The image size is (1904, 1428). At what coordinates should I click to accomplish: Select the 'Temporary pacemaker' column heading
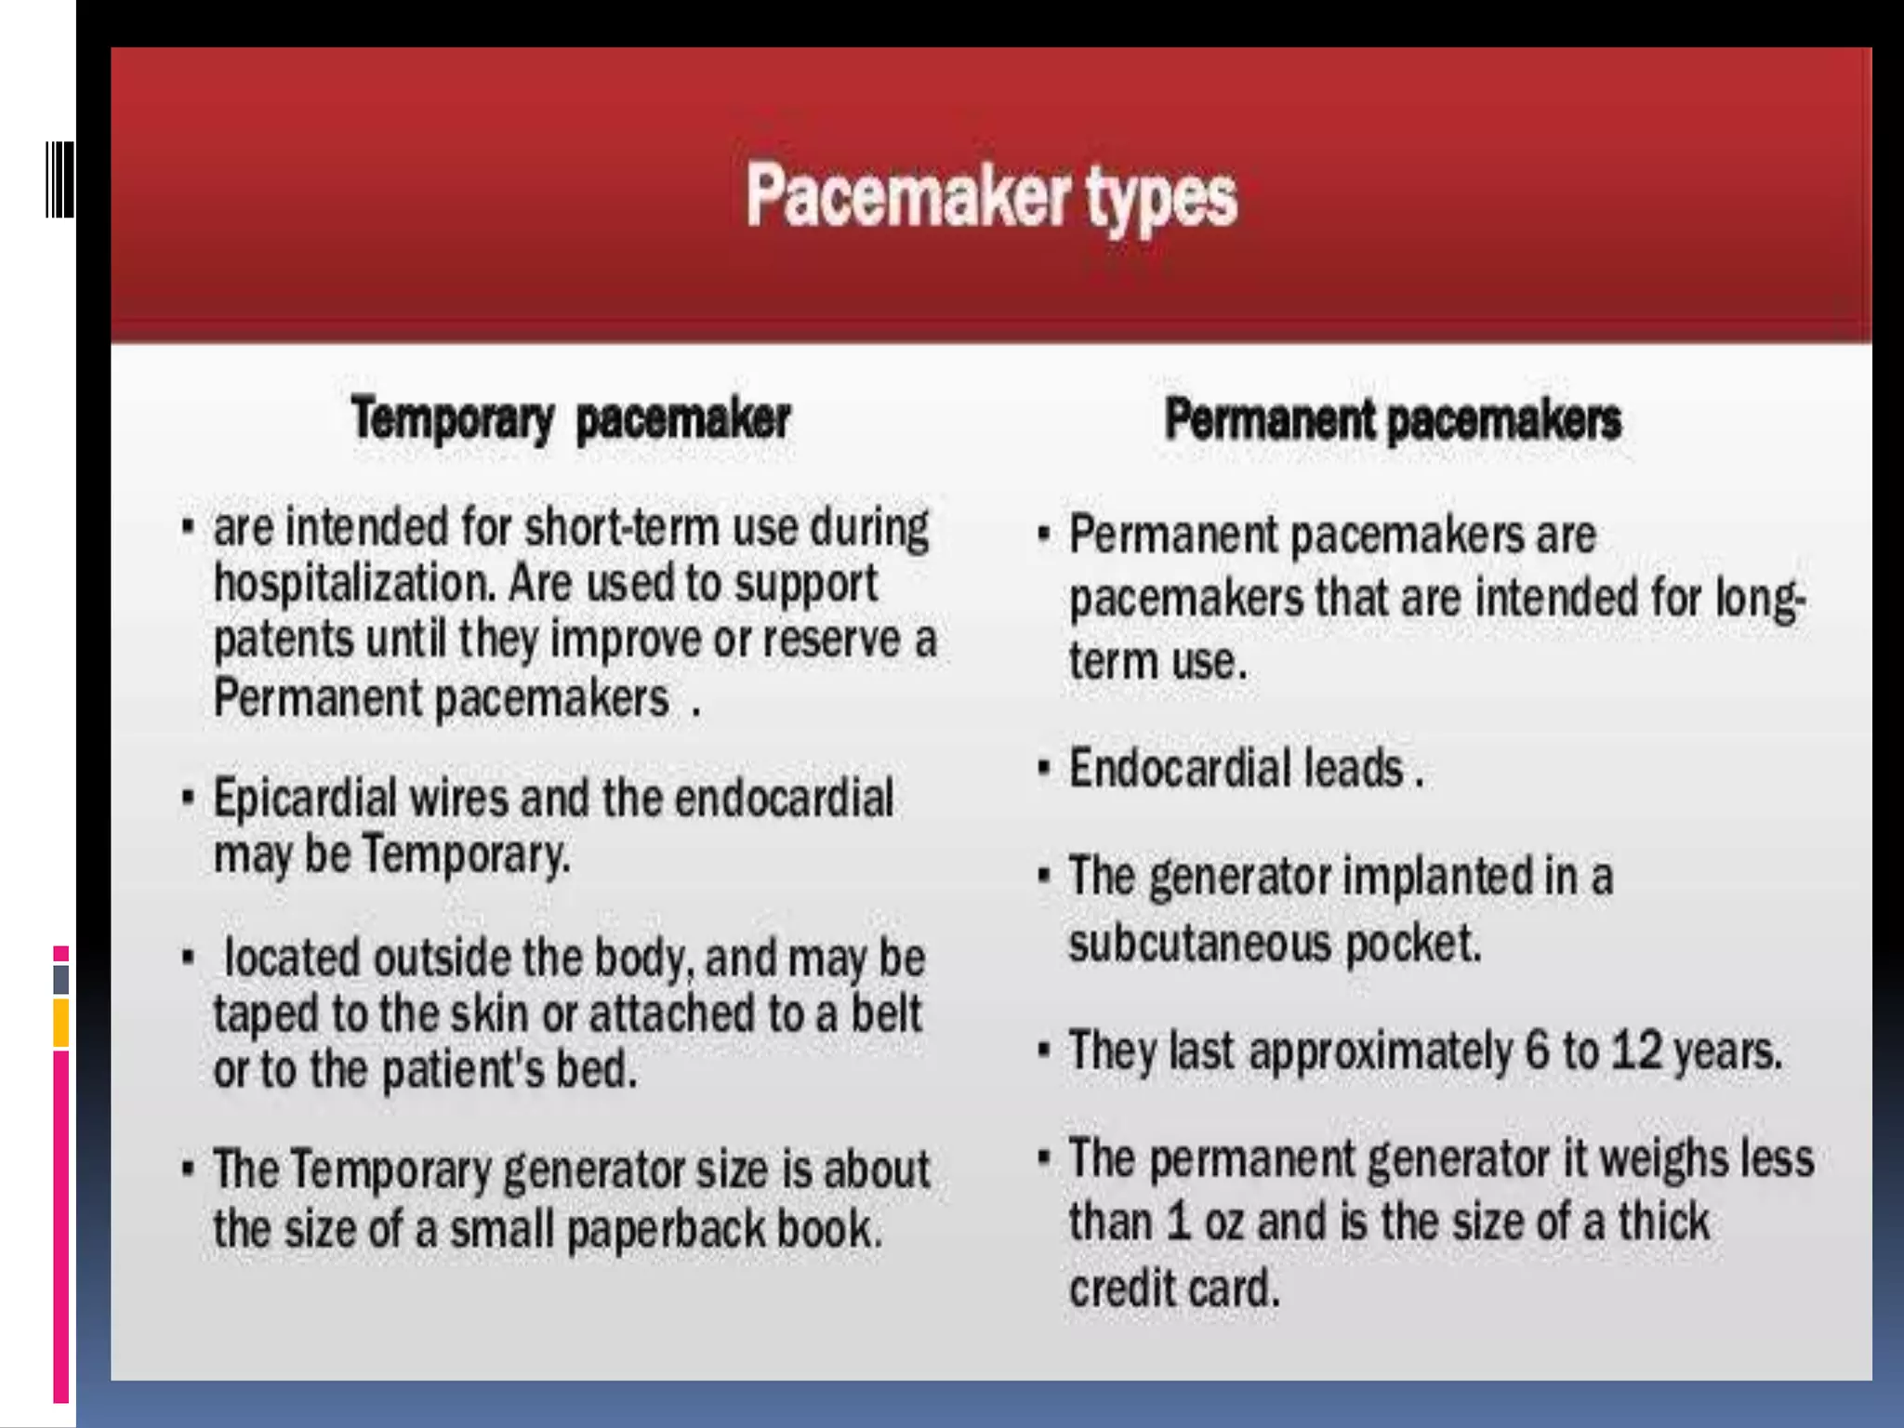pyautogui.click(x=571, y=419)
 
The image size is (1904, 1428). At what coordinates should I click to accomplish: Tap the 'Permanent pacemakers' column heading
pyautogui.click(x=1393, y=419)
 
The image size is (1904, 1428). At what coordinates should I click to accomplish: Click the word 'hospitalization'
pyautogui.click(x=352, y=584)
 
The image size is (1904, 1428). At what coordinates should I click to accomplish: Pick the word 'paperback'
pyautogui.click(x=666, y=1229)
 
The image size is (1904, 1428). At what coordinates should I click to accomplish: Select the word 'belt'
pyautogui.click(x=886, y=1013)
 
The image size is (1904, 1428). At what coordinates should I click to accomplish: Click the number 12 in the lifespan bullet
pyautogui.click(x=1635, y=1051)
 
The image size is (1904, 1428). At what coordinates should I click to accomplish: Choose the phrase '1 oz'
pyautogui.click(x=1205, y=1222)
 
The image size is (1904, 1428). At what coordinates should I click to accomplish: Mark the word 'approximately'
pyautogui.click(x=1380, y=1051)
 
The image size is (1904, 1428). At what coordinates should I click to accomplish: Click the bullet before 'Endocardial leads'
pyautogui.click(x=1044, y=770)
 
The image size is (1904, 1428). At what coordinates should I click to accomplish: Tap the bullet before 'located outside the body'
pyautogui.click(x=188, y=958)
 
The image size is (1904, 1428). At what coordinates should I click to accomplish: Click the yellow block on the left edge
pyautogui.click(x=60, y=1023)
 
